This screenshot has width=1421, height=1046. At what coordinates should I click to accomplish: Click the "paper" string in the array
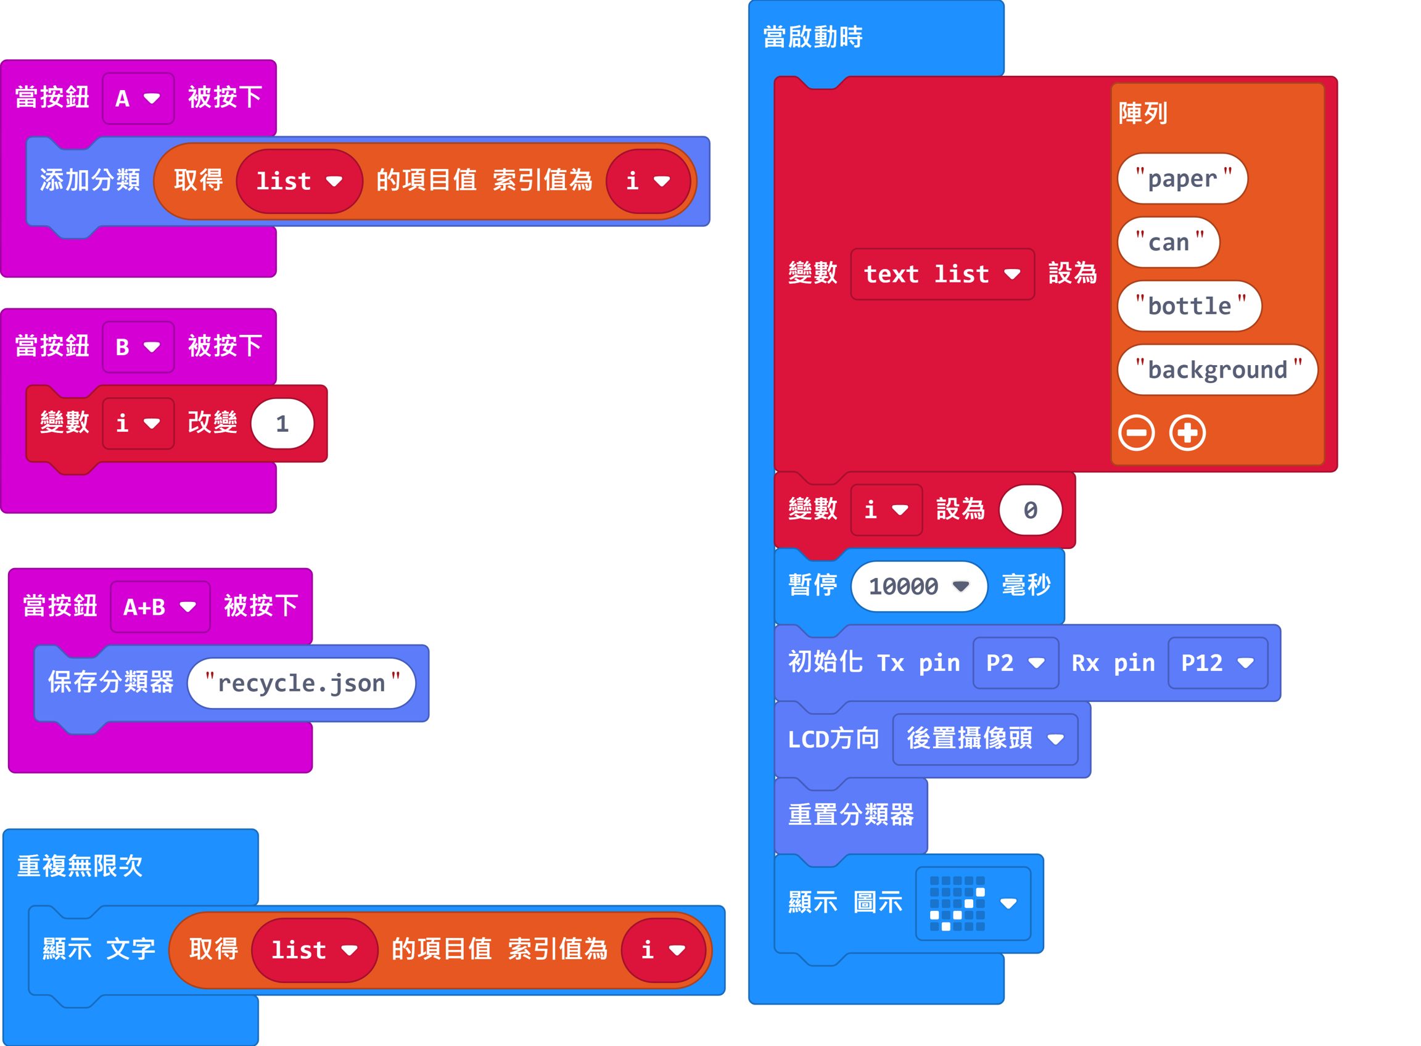pos(1182,179)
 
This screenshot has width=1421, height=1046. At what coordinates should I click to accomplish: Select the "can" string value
pos(1168,242)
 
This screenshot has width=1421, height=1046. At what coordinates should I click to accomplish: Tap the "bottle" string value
pos(1189,307)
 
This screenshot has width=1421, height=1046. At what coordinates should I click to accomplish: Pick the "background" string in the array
pos(1217,370)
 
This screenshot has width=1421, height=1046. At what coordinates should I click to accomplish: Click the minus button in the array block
pos(1136,433)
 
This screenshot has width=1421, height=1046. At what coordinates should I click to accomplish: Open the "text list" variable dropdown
pos(942,274)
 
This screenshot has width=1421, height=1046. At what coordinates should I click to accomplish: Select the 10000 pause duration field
pos(918,587)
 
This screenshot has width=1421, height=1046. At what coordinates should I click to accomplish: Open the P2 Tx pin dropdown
pos(1015,663)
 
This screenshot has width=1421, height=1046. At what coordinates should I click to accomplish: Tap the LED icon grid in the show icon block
pos(957,904)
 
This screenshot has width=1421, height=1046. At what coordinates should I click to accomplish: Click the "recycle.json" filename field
pos(302,683)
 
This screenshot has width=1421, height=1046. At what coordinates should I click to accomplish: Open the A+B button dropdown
pos(160,607)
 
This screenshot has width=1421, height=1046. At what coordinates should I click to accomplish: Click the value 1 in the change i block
pos(282,424)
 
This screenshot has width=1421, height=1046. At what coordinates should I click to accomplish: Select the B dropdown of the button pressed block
pos(138,347)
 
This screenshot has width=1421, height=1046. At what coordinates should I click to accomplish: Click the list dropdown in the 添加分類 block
pos(299,182)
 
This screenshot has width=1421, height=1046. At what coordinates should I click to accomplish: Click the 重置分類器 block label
pos(851,815)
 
